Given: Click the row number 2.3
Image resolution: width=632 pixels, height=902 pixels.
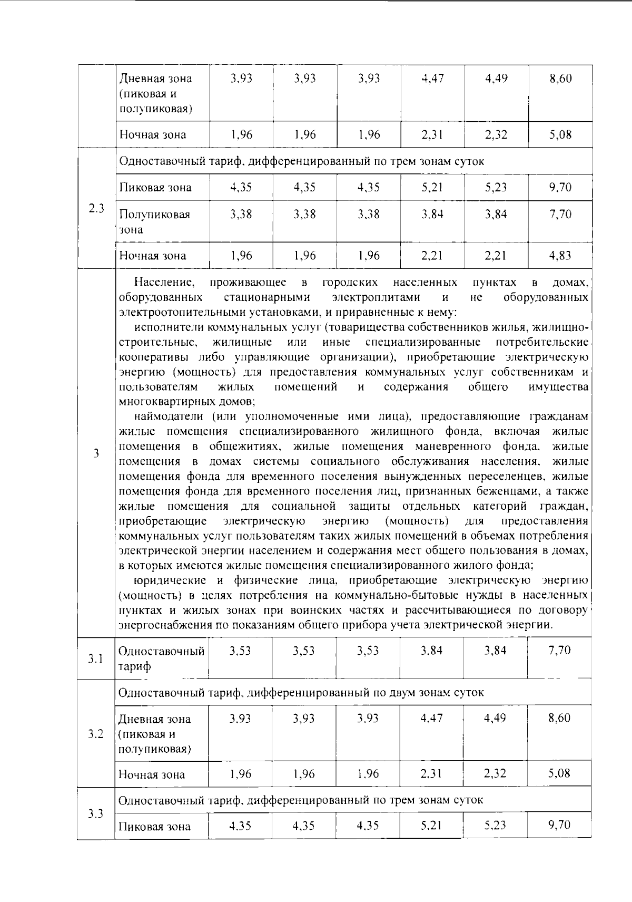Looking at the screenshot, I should (96, 208).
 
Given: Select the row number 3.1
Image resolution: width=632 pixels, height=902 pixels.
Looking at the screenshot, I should (95, 658).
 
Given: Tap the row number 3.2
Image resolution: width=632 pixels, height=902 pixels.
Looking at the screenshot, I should (95, 733).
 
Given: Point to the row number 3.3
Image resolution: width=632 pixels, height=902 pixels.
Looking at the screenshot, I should (95, 813).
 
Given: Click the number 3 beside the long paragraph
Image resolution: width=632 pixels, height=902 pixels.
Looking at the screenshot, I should (96, 453).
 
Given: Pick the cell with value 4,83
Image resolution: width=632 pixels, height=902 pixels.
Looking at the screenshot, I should (560, 256).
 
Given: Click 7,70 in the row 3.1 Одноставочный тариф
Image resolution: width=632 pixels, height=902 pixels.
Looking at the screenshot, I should (559, 651).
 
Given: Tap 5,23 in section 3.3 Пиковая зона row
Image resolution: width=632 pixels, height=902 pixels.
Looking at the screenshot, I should (496, 825).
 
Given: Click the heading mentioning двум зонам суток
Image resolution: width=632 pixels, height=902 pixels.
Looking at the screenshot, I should (301, 692).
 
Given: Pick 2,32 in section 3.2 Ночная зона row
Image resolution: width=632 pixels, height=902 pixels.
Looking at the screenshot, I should (496, 773).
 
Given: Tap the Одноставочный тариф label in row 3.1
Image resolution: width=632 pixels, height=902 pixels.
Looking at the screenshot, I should (161, 658).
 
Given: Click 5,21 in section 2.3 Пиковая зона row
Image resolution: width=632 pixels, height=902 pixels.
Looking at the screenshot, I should (432, 188).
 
